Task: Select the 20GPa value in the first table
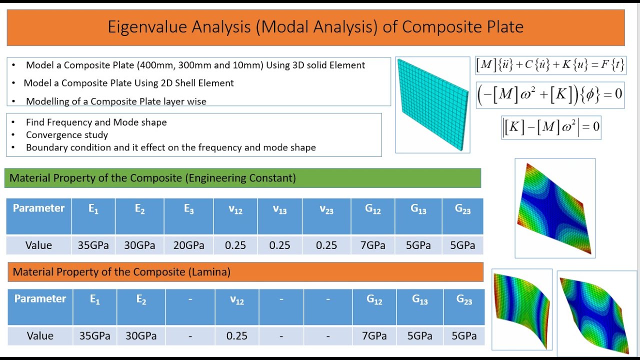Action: point(188,245)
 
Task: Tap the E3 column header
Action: point(188,210)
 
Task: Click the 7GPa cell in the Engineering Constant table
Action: point(373,245)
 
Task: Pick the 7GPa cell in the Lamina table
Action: point(374,335)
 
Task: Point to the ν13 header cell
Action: point(279,210)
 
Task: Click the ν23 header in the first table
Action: point(326,210)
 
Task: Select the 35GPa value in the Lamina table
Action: point(94,335)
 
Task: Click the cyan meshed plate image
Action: point(432,104)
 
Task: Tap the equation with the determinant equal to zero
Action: point(551,127)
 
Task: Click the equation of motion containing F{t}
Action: point(550,65)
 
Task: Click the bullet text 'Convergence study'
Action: point(67,135)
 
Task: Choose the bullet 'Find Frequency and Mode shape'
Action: point(96,122)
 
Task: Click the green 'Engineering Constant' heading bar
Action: point(242,178)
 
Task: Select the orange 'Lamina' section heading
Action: point(245,272)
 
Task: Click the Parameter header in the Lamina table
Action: point(40,299)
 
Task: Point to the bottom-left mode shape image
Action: point(522,309)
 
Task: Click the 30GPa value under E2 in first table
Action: point(139,245)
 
